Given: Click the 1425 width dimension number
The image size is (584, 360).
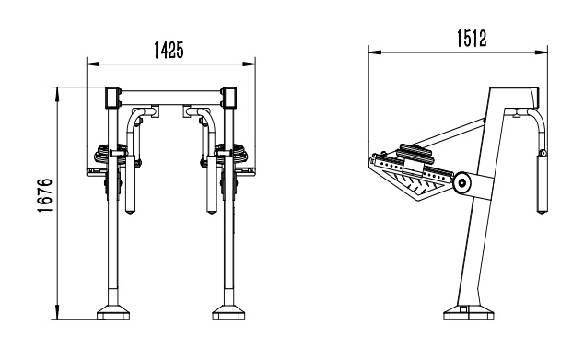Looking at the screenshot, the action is tap(169, 51).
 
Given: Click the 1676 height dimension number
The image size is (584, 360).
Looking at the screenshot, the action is tap(45, 195).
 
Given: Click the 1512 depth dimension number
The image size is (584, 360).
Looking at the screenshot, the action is tap(472, 39).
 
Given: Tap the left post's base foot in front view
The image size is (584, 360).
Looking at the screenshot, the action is tap(113, 313).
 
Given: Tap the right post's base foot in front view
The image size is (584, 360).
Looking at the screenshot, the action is tap(228, 313).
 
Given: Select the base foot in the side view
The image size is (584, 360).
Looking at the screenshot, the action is tap(469, 313).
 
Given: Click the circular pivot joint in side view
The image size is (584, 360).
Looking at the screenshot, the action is tap(461, 182).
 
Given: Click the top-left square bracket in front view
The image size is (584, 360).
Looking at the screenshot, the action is tap(113, 98).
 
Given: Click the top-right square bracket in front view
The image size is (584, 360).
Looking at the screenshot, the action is tap(229, 98).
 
